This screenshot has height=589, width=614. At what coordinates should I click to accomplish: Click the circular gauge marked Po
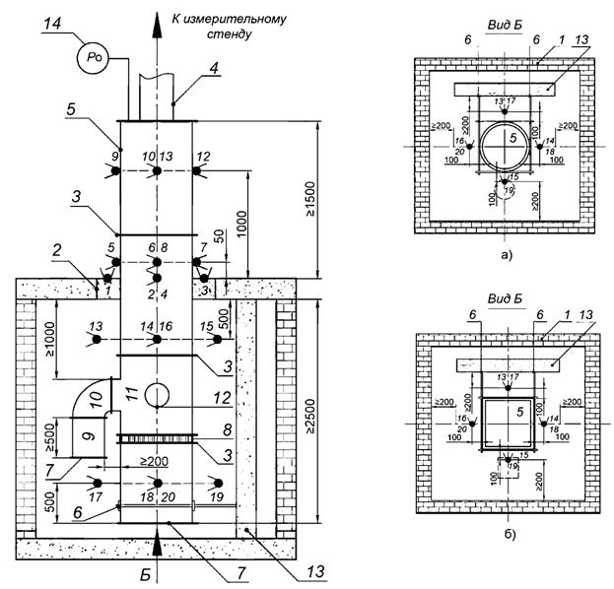tap(92, 58)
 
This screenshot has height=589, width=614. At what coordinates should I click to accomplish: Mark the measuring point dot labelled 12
tap(197, 171)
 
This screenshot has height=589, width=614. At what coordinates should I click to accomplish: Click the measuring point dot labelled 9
tap(114, 171)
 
